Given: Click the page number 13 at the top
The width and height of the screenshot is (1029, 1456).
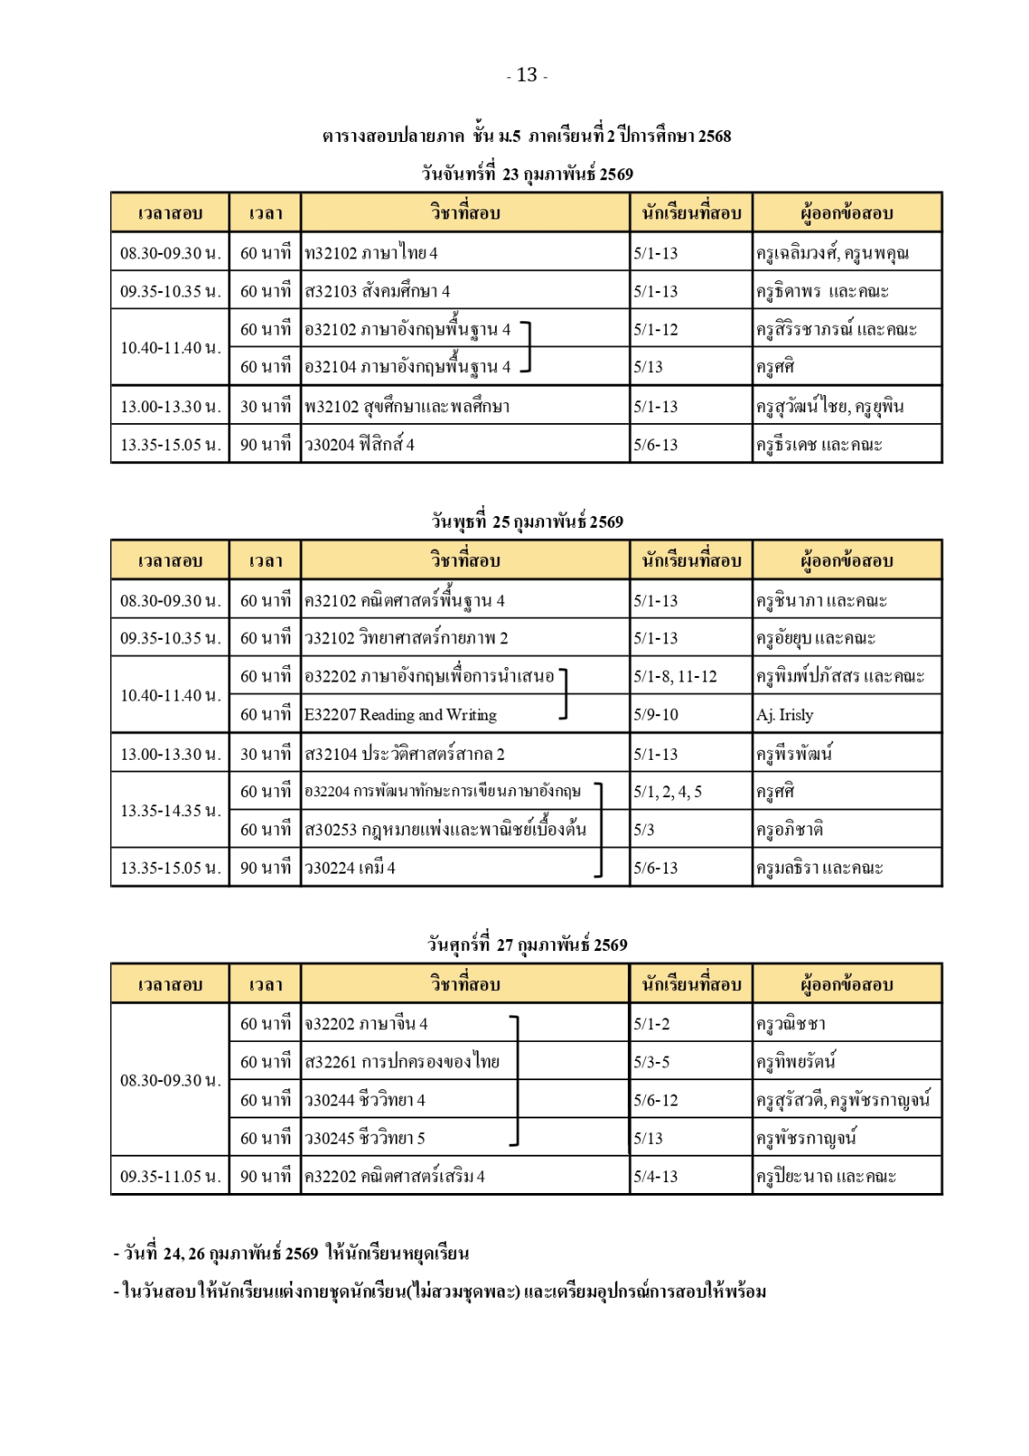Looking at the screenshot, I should tap(527, 76).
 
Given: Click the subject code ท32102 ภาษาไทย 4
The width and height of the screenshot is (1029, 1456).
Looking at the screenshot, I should tap(371, 253).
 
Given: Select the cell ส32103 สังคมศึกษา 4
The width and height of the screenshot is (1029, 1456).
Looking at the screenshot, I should tap(378, 291).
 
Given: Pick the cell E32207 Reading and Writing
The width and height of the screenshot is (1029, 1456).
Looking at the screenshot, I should tap(401, 715).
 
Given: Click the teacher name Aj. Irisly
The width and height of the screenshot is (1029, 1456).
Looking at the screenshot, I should tap(785, 715).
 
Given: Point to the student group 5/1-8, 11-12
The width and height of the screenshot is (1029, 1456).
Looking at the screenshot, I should tap(675, 676).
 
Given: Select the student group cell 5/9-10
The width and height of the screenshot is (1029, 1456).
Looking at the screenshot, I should tap(656, 715).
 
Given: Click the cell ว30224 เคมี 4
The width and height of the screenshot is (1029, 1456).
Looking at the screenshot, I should tap(350, 868).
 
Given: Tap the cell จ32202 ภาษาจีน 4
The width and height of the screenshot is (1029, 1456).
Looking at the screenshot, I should tap(366, 1024).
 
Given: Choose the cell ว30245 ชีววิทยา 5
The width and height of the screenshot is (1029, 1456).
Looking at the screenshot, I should tap(365, 1138).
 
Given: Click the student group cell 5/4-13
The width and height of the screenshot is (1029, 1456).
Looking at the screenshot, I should tap(656, 1177).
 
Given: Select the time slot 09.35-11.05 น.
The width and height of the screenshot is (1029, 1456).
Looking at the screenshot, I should tap(170, 1177).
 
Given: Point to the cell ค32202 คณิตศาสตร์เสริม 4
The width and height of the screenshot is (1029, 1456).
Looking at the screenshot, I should tap(395, 1177).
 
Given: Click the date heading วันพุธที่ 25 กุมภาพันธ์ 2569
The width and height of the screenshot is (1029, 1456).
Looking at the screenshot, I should tap(527, 522).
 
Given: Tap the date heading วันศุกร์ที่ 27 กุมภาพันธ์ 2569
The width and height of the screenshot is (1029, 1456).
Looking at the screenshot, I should tap(527, 945).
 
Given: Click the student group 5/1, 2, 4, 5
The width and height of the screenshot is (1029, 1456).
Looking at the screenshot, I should tap(668, 792).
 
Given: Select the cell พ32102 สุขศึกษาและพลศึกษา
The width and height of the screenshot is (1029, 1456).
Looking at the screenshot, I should tap(408, 407).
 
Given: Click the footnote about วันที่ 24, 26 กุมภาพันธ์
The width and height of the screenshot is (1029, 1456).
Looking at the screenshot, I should tap(291, 1254).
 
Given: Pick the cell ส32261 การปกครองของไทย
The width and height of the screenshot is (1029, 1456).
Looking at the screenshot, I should tap(402, 1062).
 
